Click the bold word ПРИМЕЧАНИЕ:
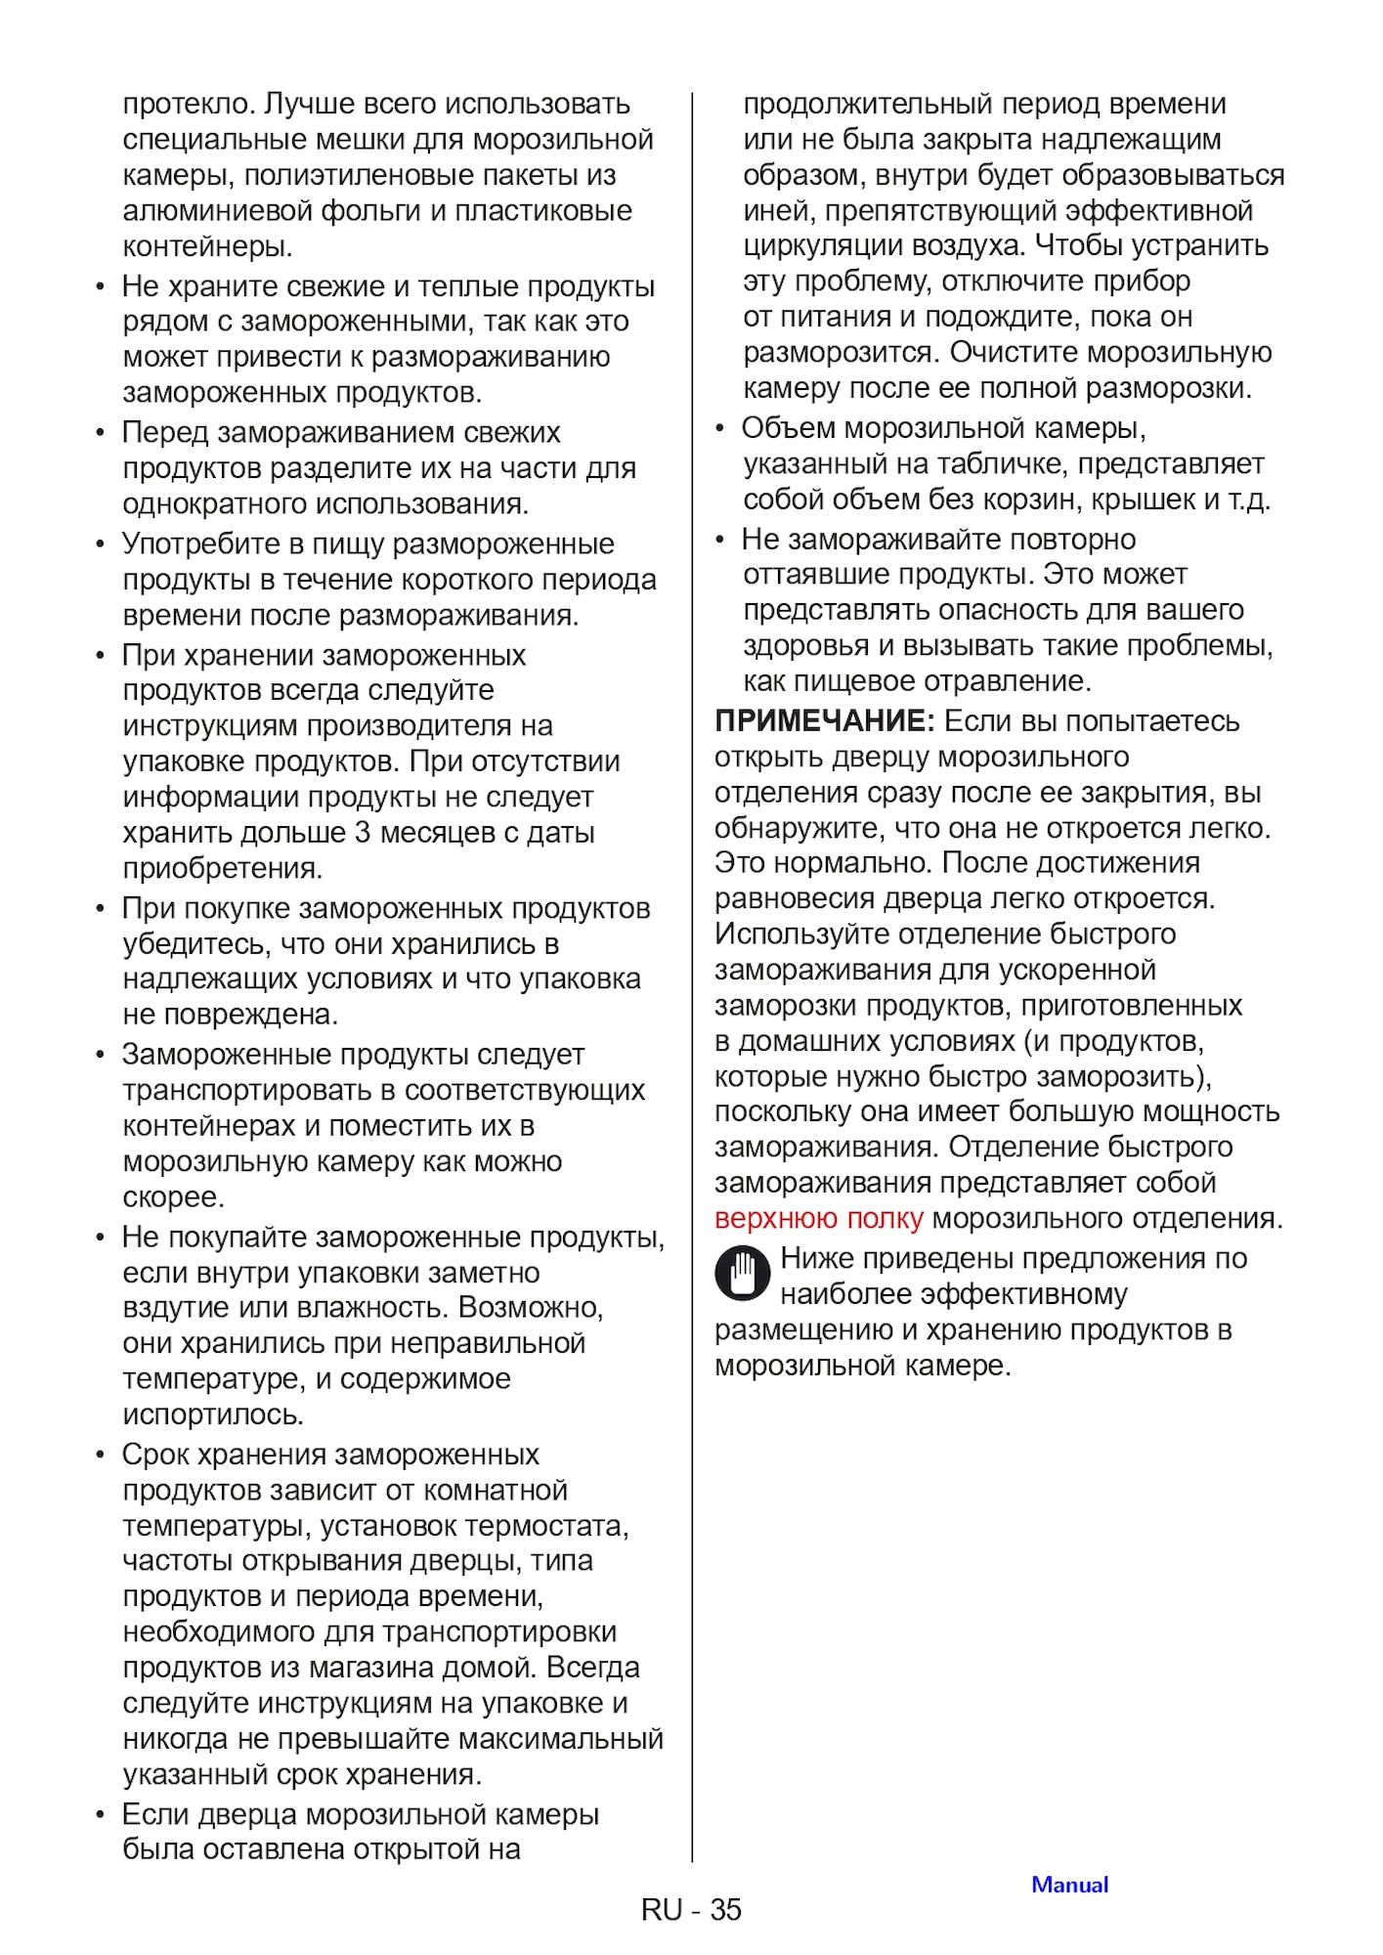825,721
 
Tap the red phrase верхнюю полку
818,1219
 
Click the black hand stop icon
742,1275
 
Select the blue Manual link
1069,1885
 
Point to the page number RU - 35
691,1909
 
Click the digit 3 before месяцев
363,833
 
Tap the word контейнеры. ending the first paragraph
207,246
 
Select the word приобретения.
222,868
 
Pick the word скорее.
173,1197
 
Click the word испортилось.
213,1414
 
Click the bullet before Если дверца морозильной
100,1815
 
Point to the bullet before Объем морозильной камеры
719,428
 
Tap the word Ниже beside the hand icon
818,1259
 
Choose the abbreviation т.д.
1249,500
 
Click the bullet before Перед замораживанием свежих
100,433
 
